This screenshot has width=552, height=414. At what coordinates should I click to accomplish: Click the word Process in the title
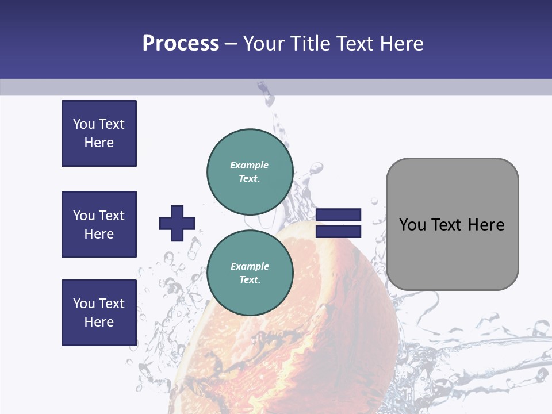181,44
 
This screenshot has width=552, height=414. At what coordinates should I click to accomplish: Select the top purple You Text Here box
99,133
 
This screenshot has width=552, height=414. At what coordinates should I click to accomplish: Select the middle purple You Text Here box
99,224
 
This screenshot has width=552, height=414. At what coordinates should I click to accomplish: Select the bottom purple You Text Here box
99,313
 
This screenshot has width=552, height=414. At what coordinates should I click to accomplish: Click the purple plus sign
177,223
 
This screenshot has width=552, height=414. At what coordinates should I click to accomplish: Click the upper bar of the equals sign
338,214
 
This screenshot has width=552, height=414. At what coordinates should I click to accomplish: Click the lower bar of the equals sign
338,232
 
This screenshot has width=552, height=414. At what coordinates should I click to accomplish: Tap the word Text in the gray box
447,225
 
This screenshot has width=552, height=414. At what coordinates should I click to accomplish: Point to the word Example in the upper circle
250,166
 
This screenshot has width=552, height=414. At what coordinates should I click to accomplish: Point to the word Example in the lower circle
250,267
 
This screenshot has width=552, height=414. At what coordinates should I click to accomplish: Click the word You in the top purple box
83,124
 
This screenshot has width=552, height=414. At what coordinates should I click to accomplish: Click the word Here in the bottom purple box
99,323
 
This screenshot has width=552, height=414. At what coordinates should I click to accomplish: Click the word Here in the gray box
486,225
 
